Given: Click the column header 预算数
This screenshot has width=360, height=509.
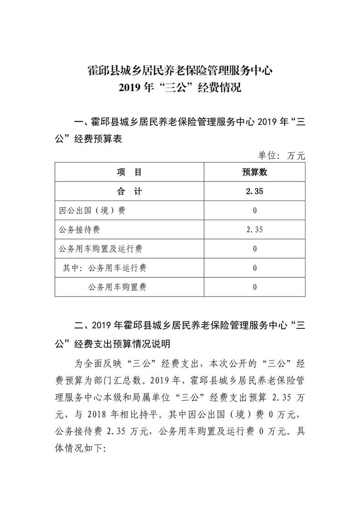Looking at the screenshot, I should [255, 172].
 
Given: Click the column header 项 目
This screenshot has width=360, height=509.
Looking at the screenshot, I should [129, 172].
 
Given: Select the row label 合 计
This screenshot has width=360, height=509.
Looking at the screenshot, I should [129, 191].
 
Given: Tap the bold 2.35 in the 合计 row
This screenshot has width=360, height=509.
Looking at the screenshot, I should [255, 191].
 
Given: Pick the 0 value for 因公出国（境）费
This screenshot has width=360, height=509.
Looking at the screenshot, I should [255, 210].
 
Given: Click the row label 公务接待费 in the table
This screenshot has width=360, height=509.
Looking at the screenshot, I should [79, 230].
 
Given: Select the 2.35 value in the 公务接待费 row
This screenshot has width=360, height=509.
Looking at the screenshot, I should [255, 230].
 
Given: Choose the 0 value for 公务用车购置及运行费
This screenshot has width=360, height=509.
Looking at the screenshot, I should [255, 249].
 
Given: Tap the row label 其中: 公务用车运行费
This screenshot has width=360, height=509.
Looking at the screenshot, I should [105, 268].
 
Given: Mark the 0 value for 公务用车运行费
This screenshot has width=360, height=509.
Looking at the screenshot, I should [255, 268].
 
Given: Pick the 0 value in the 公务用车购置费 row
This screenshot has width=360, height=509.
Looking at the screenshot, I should [255, 287].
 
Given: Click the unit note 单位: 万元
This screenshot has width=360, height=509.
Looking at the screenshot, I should [282, 156].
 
